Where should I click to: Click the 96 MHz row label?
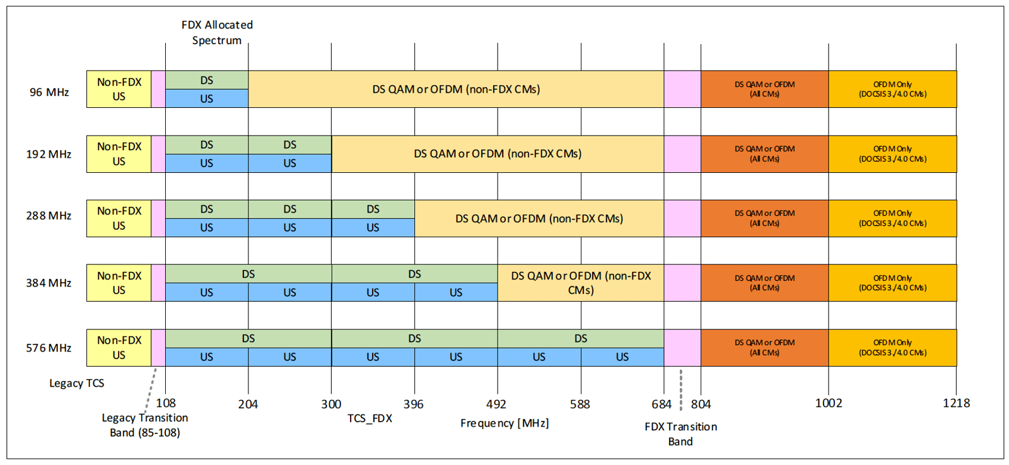click(49, 92)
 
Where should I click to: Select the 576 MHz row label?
click(49, 348)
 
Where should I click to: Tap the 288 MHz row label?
click(49, 216)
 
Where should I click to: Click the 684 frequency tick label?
click(662, 404)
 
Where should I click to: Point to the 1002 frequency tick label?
click(828, 403)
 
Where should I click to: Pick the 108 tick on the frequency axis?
click(166, 403)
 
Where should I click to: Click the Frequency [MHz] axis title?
click(504, 423)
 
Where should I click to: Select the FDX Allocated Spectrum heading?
click(217, 33)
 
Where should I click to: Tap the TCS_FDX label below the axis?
click(370, 419)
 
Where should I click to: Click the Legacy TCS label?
click(77, 384)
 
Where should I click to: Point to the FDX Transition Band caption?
click(680, 434)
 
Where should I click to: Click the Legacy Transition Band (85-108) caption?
click(145, 425)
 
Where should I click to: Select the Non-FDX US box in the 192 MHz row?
click(119, 154)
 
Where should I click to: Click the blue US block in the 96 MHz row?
click(207, 99)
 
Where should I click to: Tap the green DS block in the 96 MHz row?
click(207, 80)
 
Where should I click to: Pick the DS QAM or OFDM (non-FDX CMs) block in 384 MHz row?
click(581, 283)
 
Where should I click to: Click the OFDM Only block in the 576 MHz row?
click(892, 348)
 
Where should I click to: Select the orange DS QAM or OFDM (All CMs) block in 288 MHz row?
click(764, 218)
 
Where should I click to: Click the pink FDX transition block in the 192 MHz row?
click(682, 154)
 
